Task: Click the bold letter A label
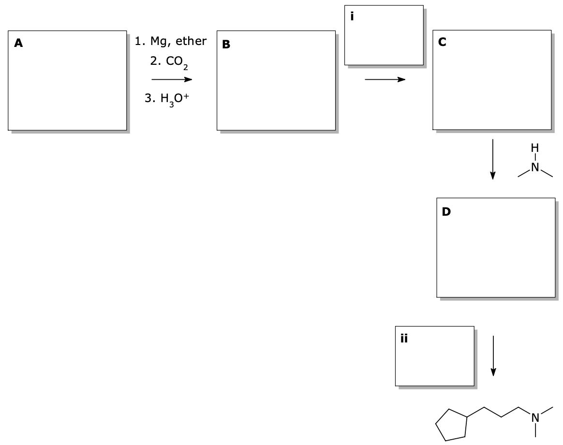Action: point(18,44)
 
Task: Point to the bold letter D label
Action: point(445,211)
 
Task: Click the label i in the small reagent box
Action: point(352,16)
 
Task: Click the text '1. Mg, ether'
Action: point(171,42)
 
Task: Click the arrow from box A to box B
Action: point(171,79)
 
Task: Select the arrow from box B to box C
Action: point(385,79)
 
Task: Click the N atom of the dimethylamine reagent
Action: point(534,168)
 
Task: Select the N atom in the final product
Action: point(535,416)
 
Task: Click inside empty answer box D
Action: point(495,252)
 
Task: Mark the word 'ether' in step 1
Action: point(191,42)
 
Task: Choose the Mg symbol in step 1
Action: point(159,42)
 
